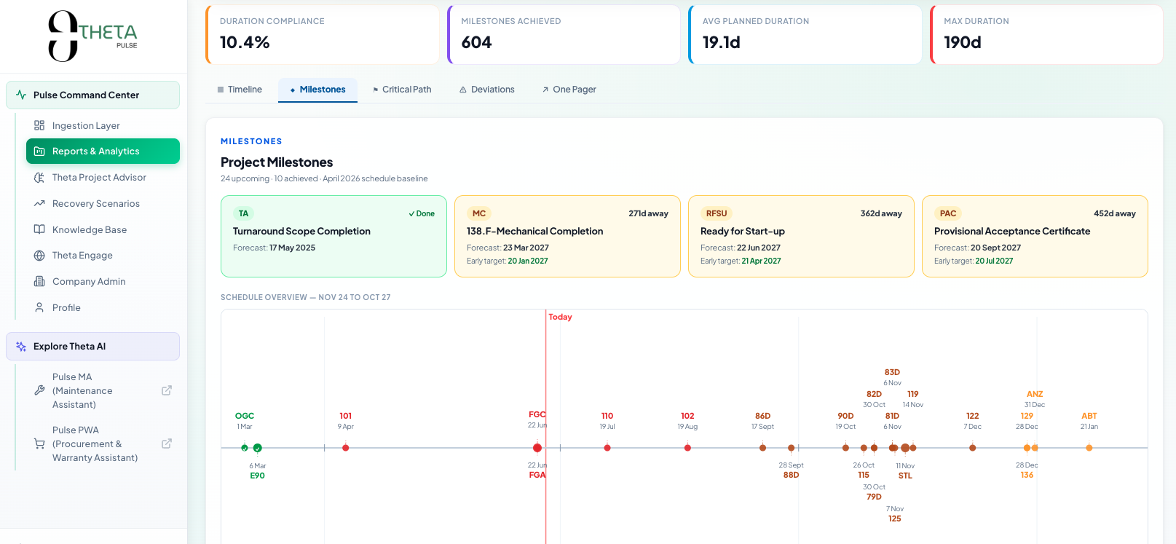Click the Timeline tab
(240, 90)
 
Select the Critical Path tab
(402, 90)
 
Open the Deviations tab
(486, 90)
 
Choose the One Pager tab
(569, 90)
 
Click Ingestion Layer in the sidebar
(86, 125)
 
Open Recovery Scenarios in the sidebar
(95, 203)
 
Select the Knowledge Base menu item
(90, 229)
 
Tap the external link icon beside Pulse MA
(167, 390)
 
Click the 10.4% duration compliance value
(245, 42)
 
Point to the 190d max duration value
(963, 42)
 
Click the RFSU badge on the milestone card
(716, 213)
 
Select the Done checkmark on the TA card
(422, 213)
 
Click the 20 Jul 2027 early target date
(994, 261)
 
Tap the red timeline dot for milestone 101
(345, 448)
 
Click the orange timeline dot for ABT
(1089, 448)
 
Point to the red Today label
(560, 317)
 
